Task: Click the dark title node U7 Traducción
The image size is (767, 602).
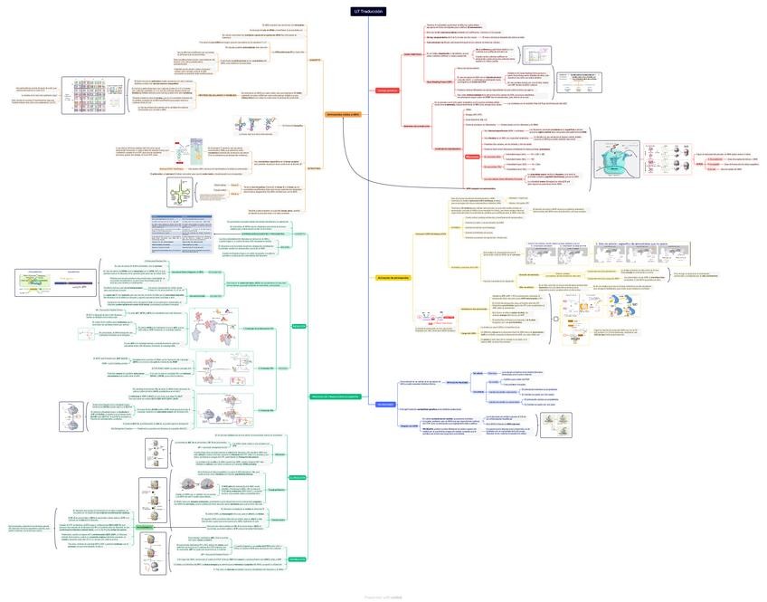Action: tap(369, 11)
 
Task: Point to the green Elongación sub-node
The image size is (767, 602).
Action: tap(298, 477)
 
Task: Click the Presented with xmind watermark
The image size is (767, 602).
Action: tap(383, 597)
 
